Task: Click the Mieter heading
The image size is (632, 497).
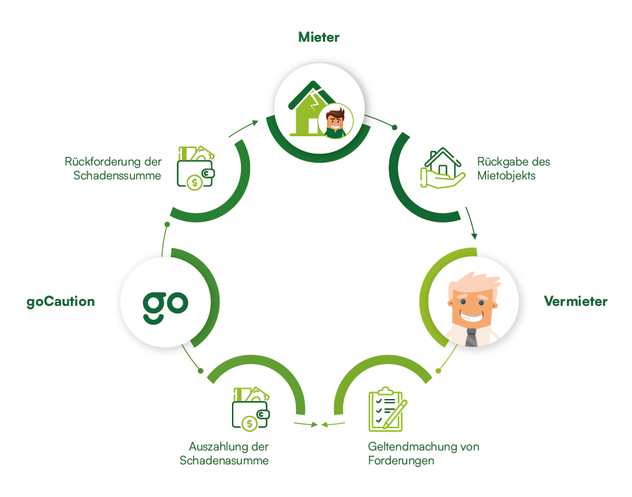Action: [319, 37]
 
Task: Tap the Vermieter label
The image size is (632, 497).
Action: [576, 301]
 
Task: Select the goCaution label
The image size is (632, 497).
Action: [61, 302]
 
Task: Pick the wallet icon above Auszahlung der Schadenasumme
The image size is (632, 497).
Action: [251, 408]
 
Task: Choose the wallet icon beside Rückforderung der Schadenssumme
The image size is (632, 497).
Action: [196, 166]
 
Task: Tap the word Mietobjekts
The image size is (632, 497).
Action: [506, 175]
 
